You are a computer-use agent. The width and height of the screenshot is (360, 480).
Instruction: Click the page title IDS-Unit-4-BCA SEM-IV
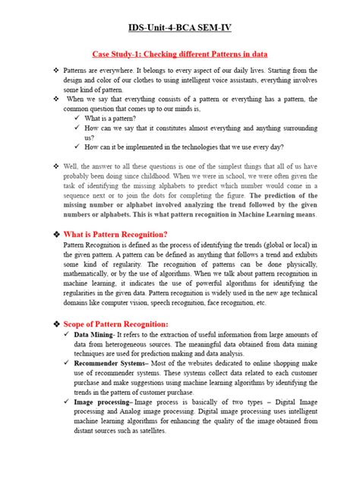click(180, 28)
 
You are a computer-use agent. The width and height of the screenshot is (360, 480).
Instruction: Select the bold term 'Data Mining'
click(93, 334)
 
